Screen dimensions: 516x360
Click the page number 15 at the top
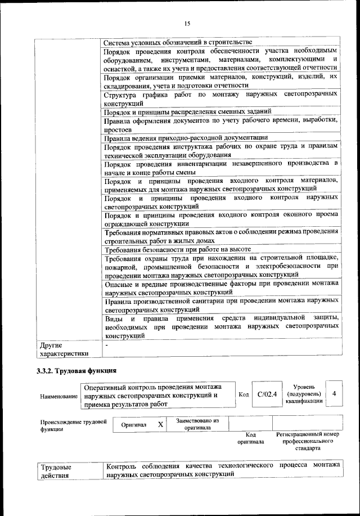coord(187,23)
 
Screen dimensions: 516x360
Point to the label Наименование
coord(58,397)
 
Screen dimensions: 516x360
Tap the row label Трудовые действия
coord(56,472)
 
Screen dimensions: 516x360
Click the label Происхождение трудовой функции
coord(73,425)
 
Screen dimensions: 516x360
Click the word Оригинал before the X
coord(134,425)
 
